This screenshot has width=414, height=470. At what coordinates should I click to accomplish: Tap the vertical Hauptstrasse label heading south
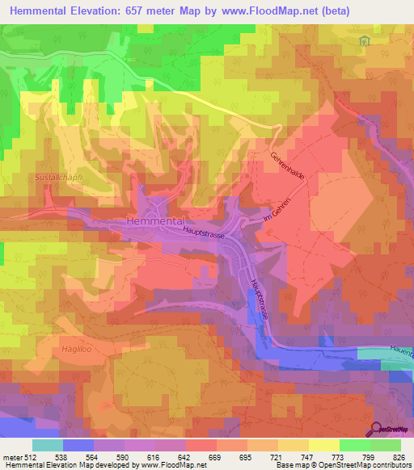pos(259,299)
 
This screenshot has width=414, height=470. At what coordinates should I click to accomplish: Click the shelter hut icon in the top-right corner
pos(365,41)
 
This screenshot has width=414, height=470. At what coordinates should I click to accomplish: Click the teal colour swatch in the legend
pos(48,444)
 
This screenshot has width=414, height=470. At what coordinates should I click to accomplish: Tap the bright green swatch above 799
pos(355,444)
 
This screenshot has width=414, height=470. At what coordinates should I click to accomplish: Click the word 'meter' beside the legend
pos(12,456)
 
